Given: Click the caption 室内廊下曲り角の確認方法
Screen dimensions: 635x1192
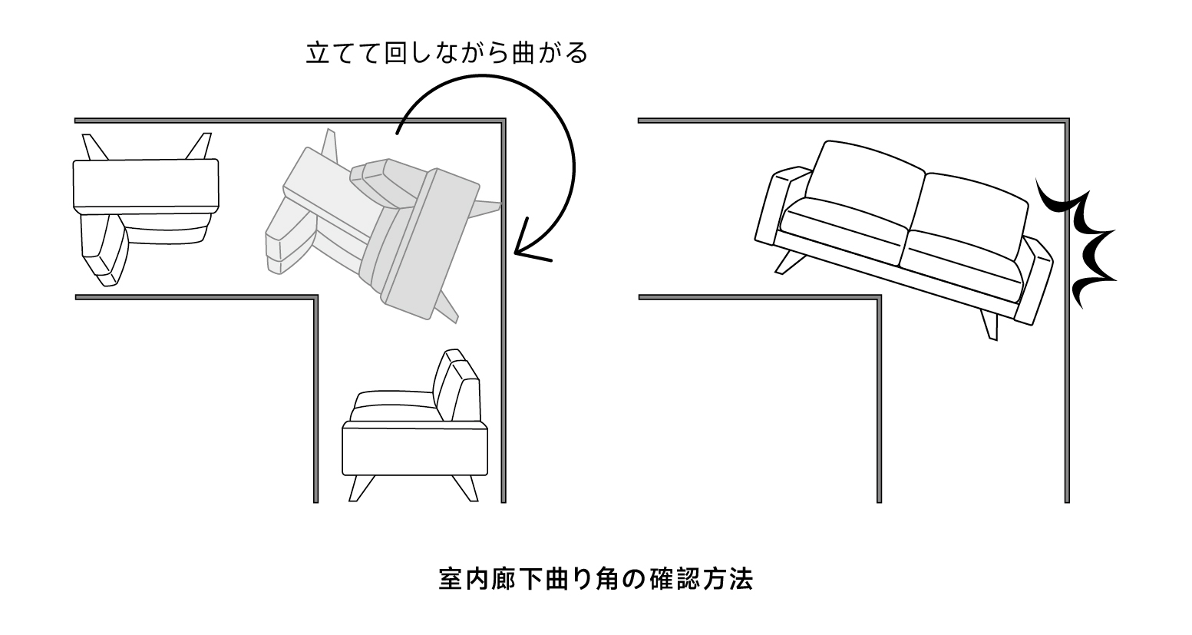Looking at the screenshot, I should tap(596, 578).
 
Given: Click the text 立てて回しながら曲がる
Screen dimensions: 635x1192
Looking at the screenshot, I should tap(446, 55).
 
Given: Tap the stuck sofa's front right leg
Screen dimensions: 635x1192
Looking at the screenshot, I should tap(989, 324).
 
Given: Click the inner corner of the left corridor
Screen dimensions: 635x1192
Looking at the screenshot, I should tap(315, 297).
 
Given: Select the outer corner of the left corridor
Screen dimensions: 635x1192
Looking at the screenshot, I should tap(504, 121).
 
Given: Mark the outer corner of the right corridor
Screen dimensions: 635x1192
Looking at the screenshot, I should tap(1066, 121).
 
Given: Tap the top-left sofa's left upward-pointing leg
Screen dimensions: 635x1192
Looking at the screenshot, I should tap(94, 147).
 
